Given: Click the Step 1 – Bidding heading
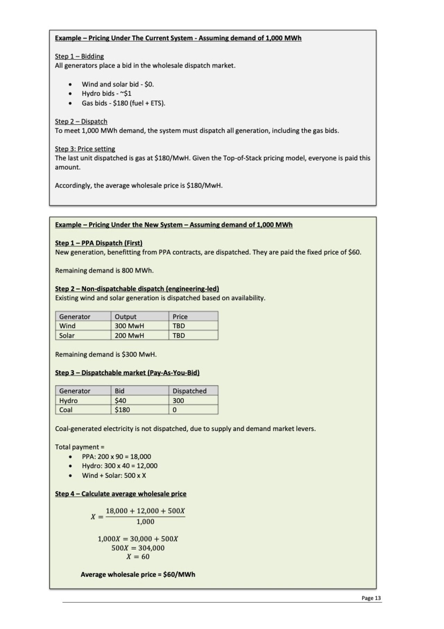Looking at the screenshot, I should [x=79, y=56].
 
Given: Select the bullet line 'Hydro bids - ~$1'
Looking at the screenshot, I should [x=106, y=93].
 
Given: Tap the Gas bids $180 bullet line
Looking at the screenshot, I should [x=123, y=103].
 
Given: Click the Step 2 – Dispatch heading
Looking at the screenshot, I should [x=81, y=122].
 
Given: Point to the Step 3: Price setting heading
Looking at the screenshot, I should [x=85, y=149].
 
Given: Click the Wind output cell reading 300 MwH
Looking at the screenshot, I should [x=129, y=326].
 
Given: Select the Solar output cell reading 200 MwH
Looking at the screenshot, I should [x=129, y=336].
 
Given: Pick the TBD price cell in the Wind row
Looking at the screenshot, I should [x=179, y=326].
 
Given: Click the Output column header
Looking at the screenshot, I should [x=126, y=316].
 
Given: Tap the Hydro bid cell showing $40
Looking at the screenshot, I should [x=120, y=400].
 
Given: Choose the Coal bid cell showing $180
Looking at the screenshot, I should [x=122, y=410].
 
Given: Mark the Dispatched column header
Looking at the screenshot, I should [x=189, y=391].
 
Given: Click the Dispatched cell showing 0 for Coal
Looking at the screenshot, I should [x=174, y=410].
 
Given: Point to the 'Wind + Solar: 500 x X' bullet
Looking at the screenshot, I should [x=114, y=475].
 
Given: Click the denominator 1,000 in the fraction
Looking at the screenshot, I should [x=145, y=522].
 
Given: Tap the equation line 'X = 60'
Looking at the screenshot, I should [x=138, y=557].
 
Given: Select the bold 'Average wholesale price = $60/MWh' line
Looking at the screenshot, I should [x=138, y=574].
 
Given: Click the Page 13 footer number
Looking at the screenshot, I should [x=371, y=598].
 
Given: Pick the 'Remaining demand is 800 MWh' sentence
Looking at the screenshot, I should [x=104, y=271].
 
